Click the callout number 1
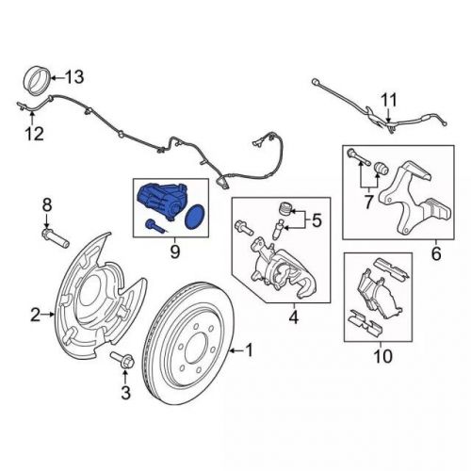click(250, 351)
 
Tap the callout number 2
click(35, 314)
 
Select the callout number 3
click(122, 391)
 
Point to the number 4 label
click(293, 317)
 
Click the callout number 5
click(317, 221)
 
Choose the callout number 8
click(47, 203)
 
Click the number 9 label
click(174, 252)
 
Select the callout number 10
click(381, 356)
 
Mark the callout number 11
click(389, 99)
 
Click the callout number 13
click(73, 76)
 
